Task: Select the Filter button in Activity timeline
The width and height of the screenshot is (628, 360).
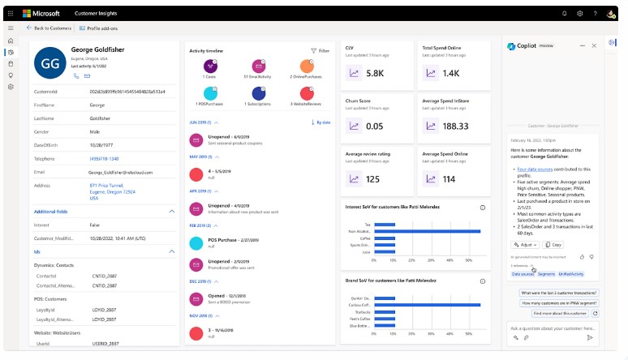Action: (320, 50)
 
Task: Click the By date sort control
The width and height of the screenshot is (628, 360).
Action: (320, 122)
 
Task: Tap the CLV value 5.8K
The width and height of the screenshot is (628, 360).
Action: (375, 73)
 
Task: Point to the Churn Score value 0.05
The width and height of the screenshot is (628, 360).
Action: (375, 126)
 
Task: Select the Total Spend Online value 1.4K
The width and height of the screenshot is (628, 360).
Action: (451, 73)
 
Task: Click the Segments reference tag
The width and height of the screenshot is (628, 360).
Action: (546, 274)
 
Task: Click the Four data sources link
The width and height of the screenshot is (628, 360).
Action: (533, 169)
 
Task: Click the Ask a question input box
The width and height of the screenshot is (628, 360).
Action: (544, 328)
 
